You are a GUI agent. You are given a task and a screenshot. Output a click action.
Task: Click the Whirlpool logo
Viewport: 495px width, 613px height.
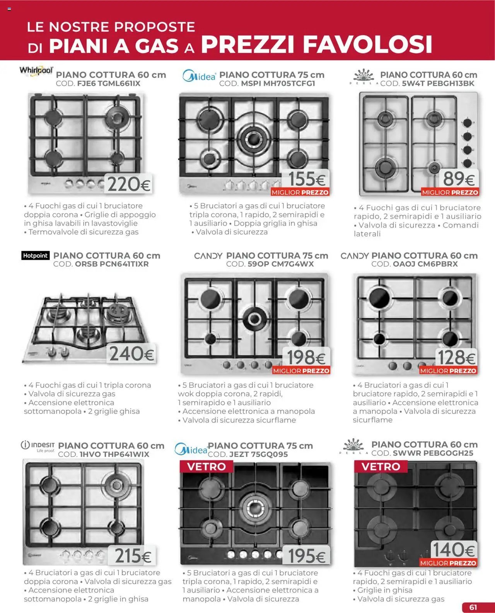click(36, 71)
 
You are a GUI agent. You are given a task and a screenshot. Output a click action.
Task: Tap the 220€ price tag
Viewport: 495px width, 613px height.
click(129, 184)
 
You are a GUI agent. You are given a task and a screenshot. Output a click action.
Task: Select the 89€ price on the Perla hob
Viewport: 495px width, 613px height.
click(459, 179)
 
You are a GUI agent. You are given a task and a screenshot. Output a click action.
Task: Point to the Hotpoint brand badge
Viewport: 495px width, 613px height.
click(35, 255)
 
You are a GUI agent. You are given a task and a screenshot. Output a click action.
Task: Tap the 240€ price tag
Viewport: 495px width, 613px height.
click(131, 354)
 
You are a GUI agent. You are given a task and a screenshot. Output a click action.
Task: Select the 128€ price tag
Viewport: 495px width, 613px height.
click(456, 357)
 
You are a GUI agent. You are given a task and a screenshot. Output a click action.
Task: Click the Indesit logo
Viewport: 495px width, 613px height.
click(38, 446)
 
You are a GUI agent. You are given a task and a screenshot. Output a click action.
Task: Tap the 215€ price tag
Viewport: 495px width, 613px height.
click(133, 556)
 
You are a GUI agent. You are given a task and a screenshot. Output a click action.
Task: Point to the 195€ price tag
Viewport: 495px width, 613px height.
click(307, 556)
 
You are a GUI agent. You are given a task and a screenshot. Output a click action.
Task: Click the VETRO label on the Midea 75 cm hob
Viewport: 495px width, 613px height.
click(207, 467)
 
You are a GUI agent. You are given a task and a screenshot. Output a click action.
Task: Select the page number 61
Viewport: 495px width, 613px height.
click(473, 607)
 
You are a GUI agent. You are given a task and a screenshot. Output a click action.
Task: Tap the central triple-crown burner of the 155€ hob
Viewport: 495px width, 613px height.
click(254, 138)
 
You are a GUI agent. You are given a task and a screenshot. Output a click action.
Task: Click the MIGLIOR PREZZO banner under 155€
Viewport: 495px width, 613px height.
click(300, 192)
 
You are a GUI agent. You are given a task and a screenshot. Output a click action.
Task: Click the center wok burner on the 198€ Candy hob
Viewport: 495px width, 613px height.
click(254, 319)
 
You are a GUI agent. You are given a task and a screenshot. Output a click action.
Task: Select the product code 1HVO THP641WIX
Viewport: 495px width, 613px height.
click(103, 455)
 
